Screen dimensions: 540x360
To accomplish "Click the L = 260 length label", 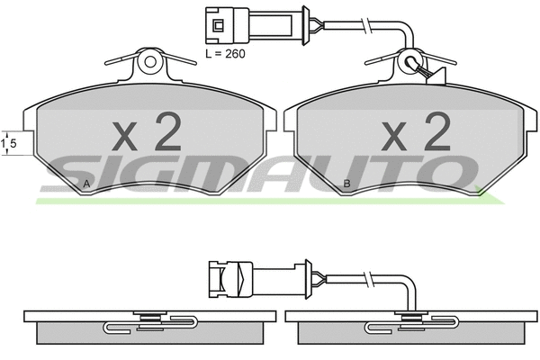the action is (225, 54).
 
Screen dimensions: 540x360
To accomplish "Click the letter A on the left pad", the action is (86, 184).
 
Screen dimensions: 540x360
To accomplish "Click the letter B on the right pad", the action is (346, 184).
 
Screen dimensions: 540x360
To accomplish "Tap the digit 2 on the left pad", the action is (167, 132).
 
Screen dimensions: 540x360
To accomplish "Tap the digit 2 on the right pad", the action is (437, 132).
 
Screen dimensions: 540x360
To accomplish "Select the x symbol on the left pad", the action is (124, 137).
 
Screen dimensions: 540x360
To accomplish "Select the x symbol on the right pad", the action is (393, 137).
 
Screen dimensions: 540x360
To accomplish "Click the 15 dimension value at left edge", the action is (9, 143).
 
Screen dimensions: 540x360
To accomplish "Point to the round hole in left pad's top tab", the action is (150, 62).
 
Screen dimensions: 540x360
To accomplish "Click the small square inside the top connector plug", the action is (219, 25).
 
